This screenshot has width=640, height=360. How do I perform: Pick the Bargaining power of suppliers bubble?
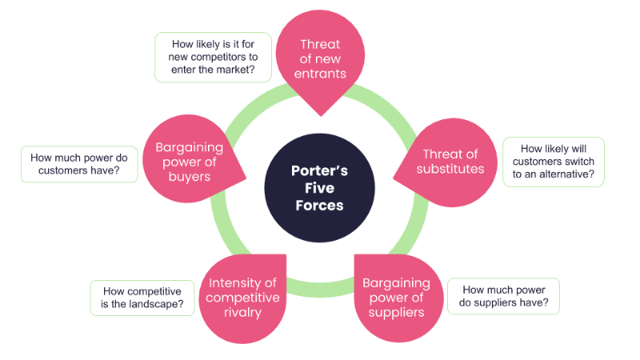coord(396,296)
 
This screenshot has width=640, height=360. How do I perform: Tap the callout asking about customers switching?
coord(553,162)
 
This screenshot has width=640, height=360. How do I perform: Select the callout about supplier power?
coord(503,296)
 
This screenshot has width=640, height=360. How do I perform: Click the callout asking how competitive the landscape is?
coord(142,298)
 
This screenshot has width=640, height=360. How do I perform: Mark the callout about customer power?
coord(79,163)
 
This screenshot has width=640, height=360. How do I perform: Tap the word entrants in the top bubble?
coord(319,73)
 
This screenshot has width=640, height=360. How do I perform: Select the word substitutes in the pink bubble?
coord(450,169)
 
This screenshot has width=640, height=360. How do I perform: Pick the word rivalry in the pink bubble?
coord(243,312)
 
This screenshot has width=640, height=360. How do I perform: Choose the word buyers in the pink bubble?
coord(189,176)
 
